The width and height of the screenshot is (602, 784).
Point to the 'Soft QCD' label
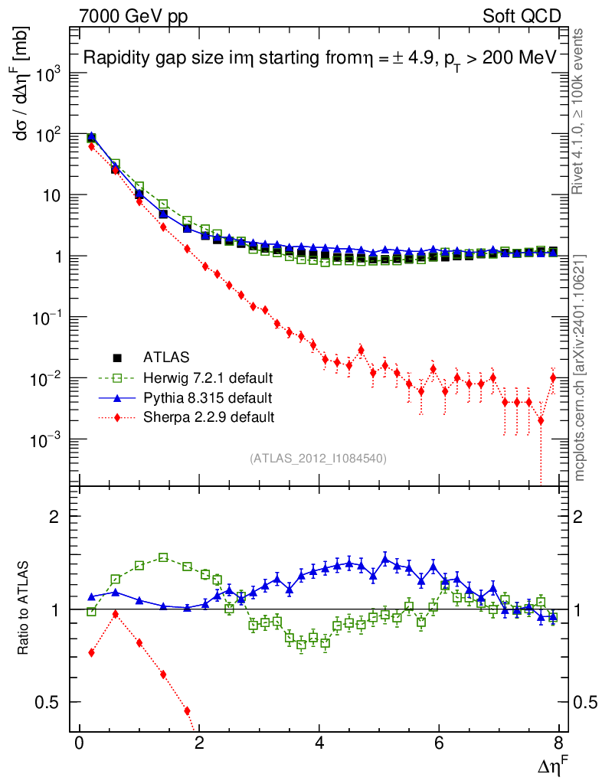522,16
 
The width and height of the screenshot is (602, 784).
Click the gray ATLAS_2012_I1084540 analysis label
318,459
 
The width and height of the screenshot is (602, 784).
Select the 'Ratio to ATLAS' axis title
25,609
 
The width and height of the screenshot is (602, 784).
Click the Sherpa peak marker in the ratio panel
116,614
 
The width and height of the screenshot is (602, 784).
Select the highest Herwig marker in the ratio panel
163,558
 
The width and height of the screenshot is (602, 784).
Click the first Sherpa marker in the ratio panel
92,652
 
